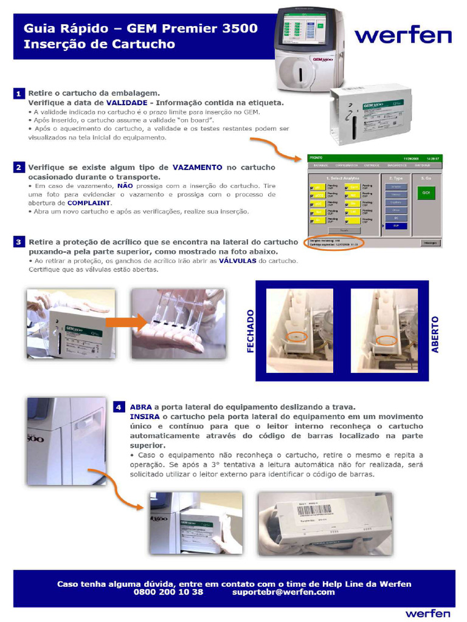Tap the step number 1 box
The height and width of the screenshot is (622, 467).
(x=19, y=94)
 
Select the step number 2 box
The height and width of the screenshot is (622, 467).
(x=19, y=167)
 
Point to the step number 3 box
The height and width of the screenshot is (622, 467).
(x=19, y=242)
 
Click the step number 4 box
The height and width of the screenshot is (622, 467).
(x=119, y=406)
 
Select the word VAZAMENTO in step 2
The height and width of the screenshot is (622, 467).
(x=197, y=167)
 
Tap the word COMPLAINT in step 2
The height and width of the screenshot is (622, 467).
(x=89, y=202)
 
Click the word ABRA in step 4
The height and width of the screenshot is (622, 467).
(x=140, y=406)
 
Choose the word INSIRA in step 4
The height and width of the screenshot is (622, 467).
(x=145, y=417)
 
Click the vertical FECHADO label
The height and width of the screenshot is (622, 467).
(x=251, y=331)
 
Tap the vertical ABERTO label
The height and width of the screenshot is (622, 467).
(x=435, y=334)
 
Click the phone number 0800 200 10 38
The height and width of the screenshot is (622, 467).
(x=168, y=592)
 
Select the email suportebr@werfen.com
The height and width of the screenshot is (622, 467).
(x=283, y=592)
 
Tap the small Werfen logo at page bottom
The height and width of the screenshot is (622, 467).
(x=428, y=613)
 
